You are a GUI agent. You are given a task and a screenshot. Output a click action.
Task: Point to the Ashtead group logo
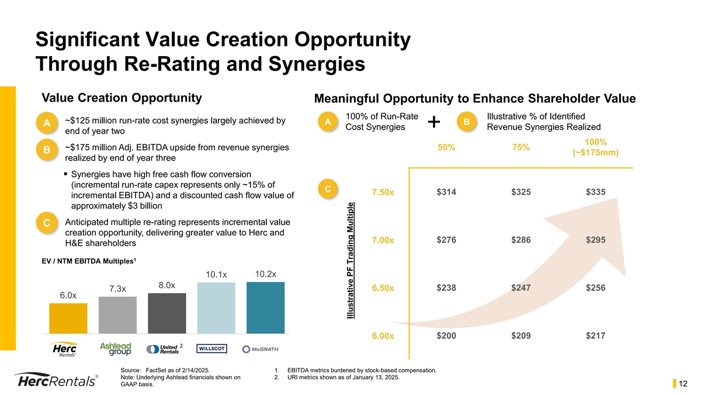(116, 349)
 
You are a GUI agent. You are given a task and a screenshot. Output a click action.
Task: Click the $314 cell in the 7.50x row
(446, 192)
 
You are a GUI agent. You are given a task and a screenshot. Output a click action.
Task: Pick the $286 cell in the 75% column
(521, 240)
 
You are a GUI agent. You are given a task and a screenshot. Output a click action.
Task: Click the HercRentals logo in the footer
(55, 380)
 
